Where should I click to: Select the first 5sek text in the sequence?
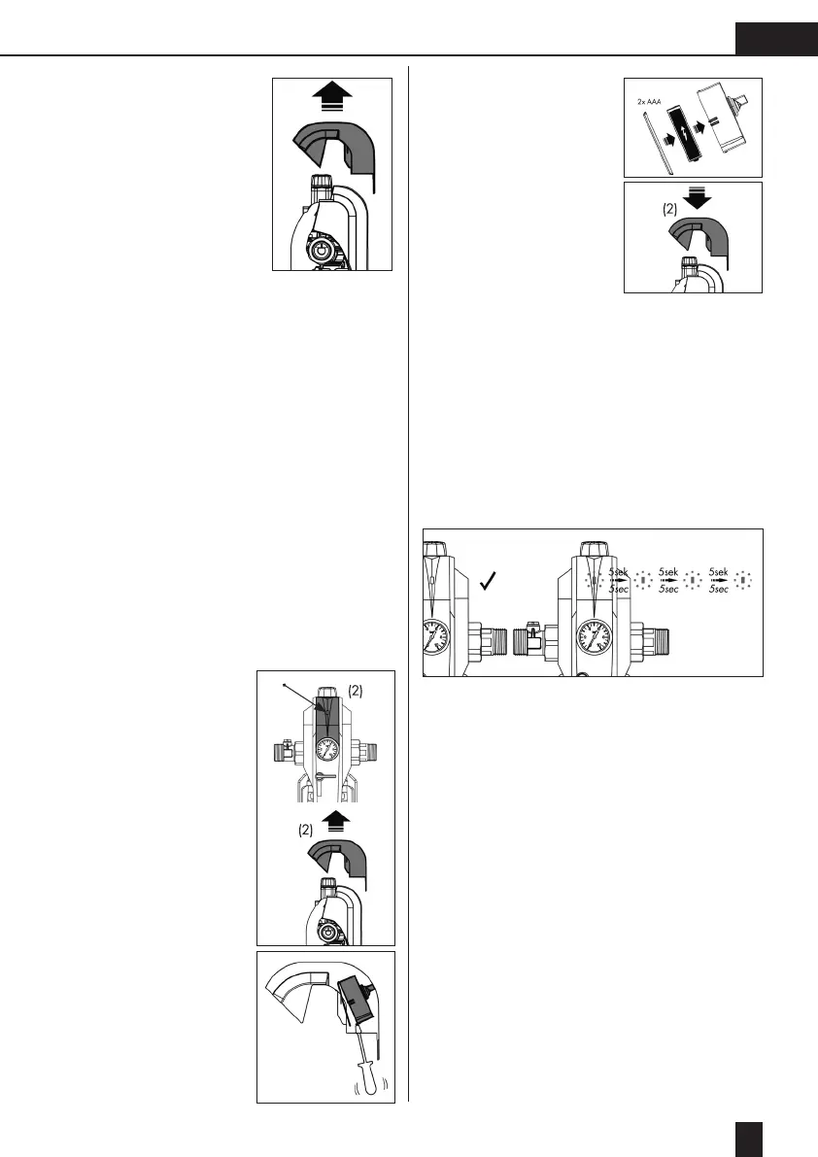621,574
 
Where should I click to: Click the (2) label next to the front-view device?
356,692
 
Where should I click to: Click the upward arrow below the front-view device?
332,821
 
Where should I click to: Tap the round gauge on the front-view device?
328,750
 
